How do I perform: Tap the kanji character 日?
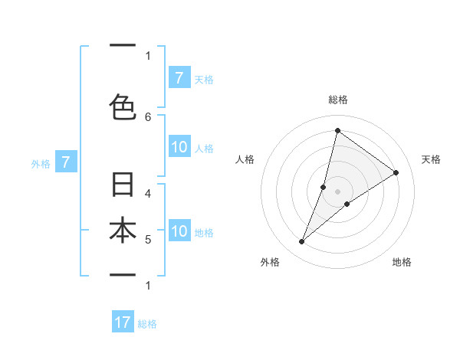[123, 185]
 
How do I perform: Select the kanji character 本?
[123, 231]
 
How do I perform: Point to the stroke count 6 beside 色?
[148, 116]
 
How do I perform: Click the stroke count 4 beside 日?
[148, 193]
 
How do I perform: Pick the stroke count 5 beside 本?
[148, 240]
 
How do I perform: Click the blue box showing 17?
[123, 322]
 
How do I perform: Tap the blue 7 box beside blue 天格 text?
[179, 77]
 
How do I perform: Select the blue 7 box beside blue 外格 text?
[67, 162]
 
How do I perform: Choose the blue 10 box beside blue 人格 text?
[179, 147]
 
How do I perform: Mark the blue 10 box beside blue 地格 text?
[179, 231]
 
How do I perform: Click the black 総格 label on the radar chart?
[337, 100]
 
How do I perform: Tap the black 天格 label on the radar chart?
[431, 159]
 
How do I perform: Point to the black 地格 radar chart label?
[402, 262]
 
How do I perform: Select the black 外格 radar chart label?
[270, 262]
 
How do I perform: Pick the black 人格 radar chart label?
[245, 159]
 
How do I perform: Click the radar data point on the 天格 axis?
[396, 172]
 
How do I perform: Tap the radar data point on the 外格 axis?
[302, 242]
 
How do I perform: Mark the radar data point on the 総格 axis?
[337, 131]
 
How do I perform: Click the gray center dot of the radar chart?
[337, 191]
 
